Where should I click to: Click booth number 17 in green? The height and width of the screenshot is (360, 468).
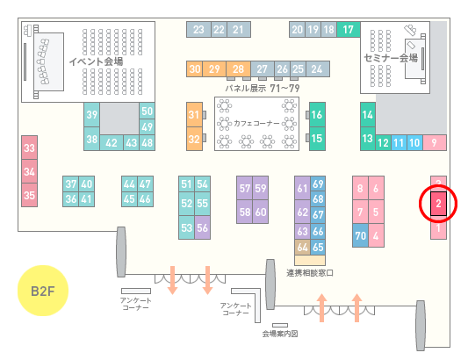[349, 30]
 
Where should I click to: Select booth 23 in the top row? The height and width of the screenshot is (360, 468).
[198, 30]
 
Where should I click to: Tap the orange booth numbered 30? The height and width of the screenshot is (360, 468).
[195, 69]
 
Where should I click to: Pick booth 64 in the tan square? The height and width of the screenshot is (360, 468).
[302, 247]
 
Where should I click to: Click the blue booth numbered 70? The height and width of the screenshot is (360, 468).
[360, 235]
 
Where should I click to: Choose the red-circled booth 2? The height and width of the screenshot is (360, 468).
[438, 204]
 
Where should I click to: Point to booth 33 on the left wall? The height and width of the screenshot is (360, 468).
[29, 148]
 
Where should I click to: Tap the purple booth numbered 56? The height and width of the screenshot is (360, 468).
[202, 227]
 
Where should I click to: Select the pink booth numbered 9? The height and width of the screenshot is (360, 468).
[435, 143]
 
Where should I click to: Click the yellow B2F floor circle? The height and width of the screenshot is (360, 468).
[43, 291]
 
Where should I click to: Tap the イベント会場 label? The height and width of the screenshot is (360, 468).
[96, 61]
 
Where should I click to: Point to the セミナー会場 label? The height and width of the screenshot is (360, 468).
[391, 58]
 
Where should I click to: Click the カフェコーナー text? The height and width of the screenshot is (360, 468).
[256, 123]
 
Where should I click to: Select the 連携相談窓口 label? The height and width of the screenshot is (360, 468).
[310, 273]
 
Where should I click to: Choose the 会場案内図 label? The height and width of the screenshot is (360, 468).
[280, 334]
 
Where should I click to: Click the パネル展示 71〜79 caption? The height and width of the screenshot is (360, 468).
[263, 89]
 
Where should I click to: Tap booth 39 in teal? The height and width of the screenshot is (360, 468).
[91, 115]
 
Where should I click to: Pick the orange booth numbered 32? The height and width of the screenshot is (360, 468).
[194, 139]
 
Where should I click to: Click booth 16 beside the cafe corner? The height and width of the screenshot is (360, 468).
[317, 115]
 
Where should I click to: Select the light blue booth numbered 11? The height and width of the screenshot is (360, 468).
[399, 143]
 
